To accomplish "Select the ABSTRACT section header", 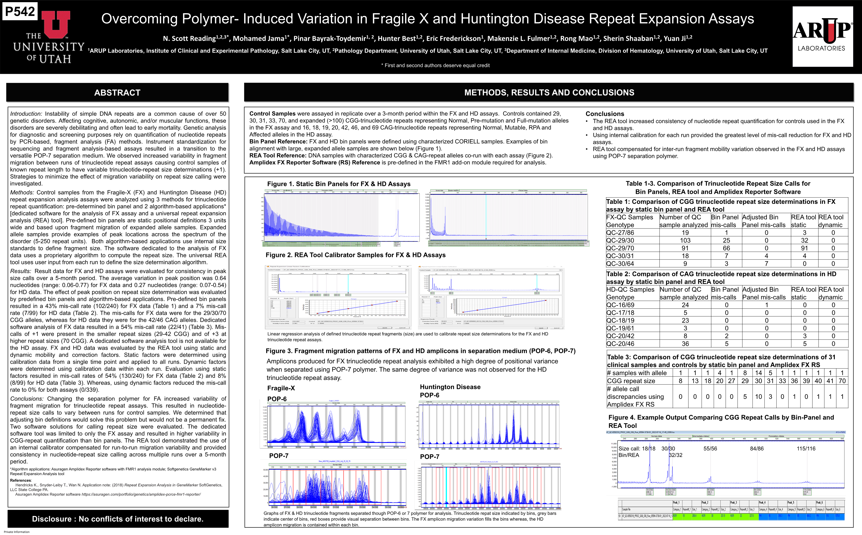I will pos(117,93).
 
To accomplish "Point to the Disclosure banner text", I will pos(118,519).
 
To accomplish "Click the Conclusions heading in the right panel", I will pos(605,114).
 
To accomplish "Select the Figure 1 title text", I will pos(338,184).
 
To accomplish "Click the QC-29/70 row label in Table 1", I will pos(620,248).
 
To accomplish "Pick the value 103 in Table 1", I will pos(685,240).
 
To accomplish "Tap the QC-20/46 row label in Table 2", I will pos(620,344).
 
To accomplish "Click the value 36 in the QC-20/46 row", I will pos(685,344).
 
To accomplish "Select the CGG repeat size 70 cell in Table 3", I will pos(842,381).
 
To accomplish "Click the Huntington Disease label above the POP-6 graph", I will pos(450,387).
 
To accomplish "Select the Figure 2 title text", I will pos(355,255).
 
